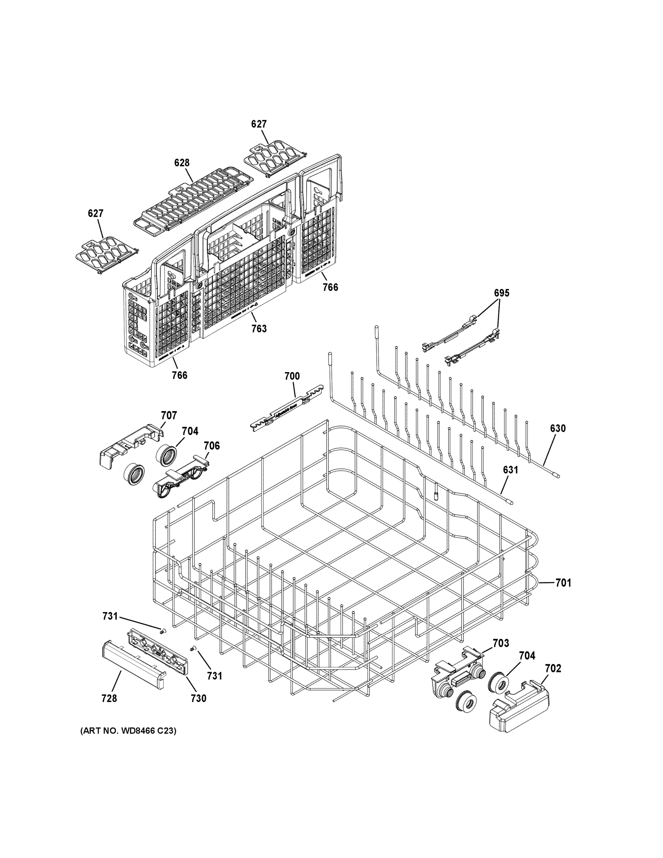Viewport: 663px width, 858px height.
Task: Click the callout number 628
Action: pos(182,163)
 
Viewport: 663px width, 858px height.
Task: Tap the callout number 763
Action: pos(259,329)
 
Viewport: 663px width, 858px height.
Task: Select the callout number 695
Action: pos(501,293)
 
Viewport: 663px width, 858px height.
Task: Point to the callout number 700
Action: pos(292,376)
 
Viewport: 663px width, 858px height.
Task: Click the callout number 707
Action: pos(169,415)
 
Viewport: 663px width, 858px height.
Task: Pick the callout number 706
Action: pos(212,445)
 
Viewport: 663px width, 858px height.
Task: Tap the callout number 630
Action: pos(558,428)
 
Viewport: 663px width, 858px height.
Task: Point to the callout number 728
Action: pos(109,698)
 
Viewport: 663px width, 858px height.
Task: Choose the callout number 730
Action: pos(198,698)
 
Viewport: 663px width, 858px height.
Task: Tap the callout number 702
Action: pos(553,668)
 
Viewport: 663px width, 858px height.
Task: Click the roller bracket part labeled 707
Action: pos(130,446)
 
